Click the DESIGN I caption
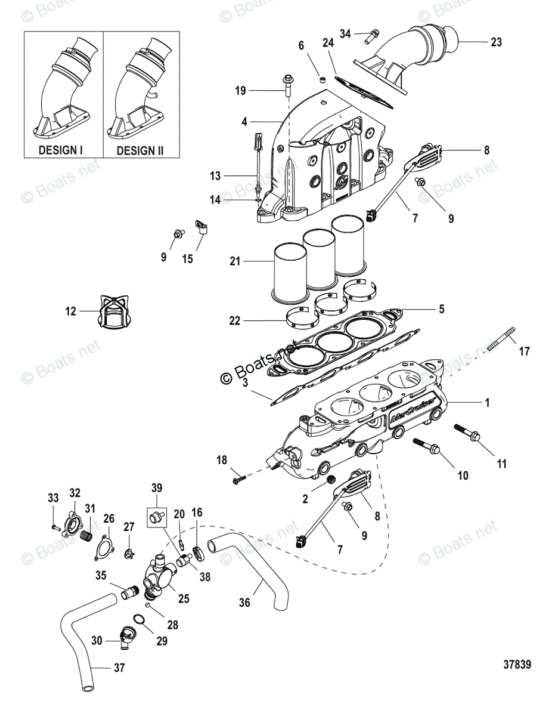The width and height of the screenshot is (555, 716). (x=60, y=150)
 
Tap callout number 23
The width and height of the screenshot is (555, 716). (x=496, y=42)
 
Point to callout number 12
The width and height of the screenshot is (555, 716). (x=71, y=311)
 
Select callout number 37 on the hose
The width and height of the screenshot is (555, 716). (x=119, y=668)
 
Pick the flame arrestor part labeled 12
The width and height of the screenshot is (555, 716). (x=112, y=312)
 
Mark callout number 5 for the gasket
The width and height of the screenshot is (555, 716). (x=441, y=309)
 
